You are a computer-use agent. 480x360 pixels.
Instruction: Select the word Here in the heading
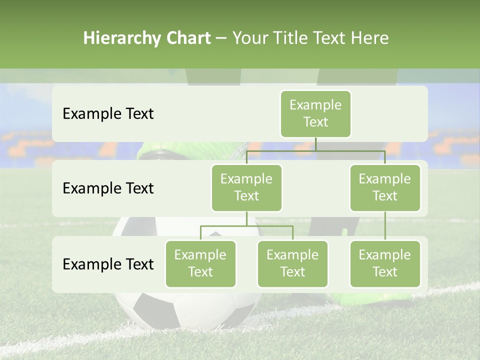(370, 38)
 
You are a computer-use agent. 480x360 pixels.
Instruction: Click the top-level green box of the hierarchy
(315, 113)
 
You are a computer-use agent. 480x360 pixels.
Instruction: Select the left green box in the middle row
(246, 187)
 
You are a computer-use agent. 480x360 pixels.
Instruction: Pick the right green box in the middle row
(385, 187)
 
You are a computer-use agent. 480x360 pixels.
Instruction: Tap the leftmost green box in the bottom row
(200, 263)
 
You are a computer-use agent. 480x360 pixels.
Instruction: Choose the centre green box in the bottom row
(292, 263)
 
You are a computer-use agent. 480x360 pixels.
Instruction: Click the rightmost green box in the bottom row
(385, 263)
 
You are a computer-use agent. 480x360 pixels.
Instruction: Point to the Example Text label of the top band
(108, 114)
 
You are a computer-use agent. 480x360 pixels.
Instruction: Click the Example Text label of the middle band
(108, 188)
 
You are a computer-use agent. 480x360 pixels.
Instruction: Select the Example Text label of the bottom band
(108, 264)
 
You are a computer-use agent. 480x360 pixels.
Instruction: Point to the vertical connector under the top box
(315, 144)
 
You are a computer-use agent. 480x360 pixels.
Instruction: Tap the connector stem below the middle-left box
(246, 218)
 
